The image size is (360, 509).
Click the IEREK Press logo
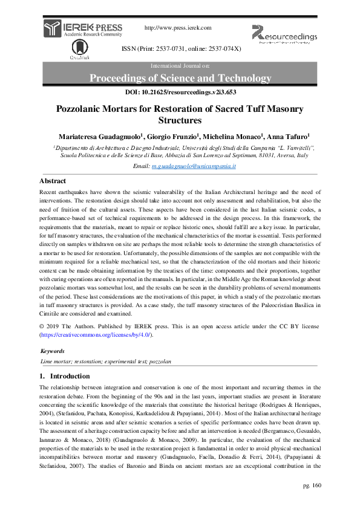pyautogui.click(x=83, y=29)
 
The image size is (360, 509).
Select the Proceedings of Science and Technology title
pyautogui.click(x=180, y=78)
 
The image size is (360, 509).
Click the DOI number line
pyautogui.click(x=180, y=92)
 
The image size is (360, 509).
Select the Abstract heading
pyautogui.click(x=53, y=181)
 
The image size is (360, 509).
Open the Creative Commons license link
pyautogui.click(x=96, y=334)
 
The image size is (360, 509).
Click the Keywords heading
pyautogui.click(x=53, y=351)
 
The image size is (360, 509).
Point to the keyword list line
pyautogui.click(x=105, y=361)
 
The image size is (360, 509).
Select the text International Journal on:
pyautogui.click(x=180, y=65)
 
